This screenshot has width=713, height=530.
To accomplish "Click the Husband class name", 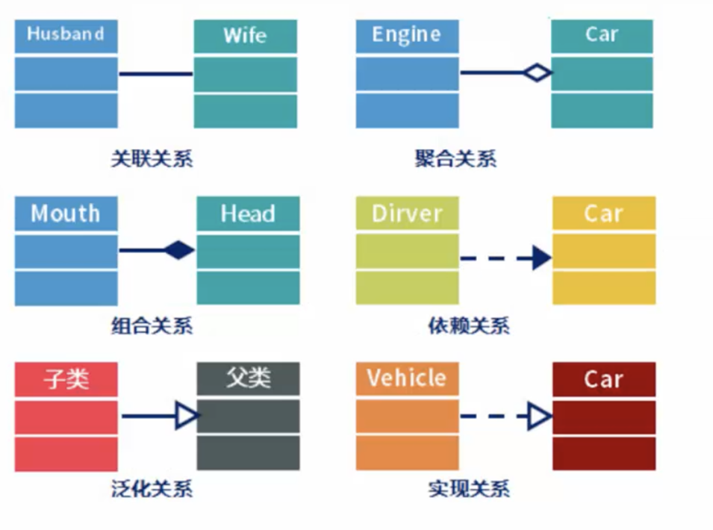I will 66,34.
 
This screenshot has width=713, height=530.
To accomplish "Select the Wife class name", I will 245,35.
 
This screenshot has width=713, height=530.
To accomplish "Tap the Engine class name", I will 406,35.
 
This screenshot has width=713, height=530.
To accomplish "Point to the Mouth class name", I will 66,213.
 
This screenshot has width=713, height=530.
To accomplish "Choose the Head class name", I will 248,214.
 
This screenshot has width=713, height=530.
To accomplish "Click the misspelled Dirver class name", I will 407,214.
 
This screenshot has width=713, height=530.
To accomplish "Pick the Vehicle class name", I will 406,378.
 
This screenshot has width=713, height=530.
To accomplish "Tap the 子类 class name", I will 66,378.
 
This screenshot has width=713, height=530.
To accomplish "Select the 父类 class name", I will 248,378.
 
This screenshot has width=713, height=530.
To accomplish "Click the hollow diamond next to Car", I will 537,73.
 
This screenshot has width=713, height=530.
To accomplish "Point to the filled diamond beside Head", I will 179,250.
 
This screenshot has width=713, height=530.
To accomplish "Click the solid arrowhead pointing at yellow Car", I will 542,258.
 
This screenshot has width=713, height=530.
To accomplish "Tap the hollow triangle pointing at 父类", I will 187,416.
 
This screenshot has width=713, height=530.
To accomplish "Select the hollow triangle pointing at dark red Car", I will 539,416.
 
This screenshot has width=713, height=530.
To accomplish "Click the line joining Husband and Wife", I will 155,74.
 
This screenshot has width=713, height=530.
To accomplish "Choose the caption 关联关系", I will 152,159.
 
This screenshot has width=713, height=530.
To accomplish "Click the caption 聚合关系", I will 455,159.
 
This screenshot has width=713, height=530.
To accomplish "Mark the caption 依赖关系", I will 469,326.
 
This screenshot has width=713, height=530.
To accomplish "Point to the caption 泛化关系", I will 152,489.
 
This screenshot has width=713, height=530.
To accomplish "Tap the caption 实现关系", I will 469,489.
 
